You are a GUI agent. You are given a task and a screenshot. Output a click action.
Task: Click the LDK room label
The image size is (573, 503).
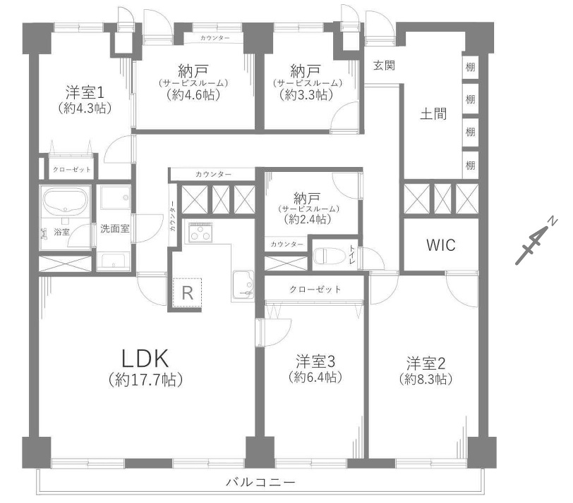[x=145, y=358]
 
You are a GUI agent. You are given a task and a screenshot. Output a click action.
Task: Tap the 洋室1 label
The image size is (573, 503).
[x=85, y=93]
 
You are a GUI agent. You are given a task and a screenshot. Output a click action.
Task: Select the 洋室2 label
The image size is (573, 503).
[x=426, y=364]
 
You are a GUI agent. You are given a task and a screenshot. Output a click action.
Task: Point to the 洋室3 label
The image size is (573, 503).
[x=315, y=361]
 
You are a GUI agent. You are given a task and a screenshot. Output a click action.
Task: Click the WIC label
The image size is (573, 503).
[x=441, y=245]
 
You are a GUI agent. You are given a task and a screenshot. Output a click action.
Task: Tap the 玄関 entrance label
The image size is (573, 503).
[x=384, y=66]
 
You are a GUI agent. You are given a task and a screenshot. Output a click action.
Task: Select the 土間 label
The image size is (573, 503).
[x=433, y=114]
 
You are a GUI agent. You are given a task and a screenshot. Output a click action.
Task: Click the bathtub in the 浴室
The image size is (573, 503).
[x=66, y=202]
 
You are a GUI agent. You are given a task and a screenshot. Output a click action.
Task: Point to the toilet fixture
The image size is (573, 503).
[x=330, y=256]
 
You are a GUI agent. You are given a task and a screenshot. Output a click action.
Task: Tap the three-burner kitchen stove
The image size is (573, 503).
[x=200, y=232]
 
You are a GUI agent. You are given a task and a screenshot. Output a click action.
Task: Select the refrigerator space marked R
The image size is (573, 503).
[x=187, y=292]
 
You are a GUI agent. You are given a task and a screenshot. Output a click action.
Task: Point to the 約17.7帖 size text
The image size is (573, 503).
[x=146, y=380]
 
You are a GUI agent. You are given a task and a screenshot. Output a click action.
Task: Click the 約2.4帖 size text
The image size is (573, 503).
[x=308, y=219]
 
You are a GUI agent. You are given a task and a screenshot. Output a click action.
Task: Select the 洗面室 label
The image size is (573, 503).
[x=115, y=229]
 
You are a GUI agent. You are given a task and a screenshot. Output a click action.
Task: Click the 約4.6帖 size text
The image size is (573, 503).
[x=193, y=95]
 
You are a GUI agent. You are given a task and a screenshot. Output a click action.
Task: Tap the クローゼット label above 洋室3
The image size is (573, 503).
[x=315, y=290]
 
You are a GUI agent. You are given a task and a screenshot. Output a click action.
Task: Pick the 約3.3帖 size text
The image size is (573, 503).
[x=306, y=95]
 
